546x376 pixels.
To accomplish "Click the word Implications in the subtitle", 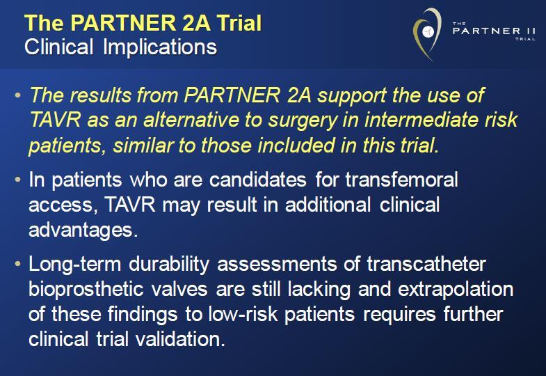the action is click(160, 47).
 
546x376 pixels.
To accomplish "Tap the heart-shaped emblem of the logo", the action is click(427, 34).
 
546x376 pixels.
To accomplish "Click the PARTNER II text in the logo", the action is click(494, 31).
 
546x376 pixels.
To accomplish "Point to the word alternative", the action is click(191, 120).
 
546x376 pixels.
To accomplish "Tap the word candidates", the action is click(258, 180).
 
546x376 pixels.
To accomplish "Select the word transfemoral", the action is click(401, 180).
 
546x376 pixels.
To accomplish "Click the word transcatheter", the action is click(426, 264).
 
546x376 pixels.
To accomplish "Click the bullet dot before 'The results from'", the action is click(18, 95).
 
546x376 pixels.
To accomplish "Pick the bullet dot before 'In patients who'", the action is click(18, 180).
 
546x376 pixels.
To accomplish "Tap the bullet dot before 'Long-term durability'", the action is click(18, 264).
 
